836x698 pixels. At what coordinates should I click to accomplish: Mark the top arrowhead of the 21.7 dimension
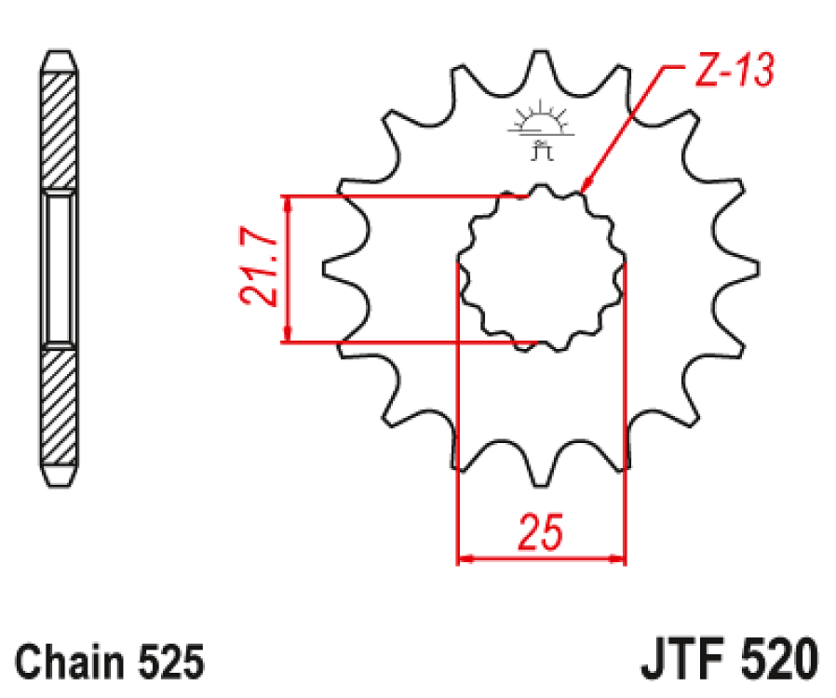(x=288, y=204)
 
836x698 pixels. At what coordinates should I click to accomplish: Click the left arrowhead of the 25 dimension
(x=464, y=559)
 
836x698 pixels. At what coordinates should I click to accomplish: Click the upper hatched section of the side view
(x=60, y=130)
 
